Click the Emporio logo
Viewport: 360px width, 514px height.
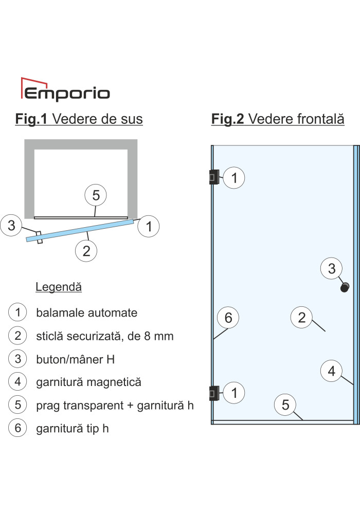(65, 89)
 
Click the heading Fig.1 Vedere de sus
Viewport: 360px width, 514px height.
(79, 119)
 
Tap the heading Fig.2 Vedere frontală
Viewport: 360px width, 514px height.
(278, 119)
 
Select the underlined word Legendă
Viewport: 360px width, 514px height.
(59, 287)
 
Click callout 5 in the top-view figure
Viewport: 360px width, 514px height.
(96, 195)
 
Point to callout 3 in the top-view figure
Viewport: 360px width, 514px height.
(11, 225)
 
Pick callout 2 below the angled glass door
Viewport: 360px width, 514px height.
(86, 251)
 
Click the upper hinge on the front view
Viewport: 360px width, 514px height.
(214, 177)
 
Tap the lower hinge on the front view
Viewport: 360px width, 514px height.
(214, 393)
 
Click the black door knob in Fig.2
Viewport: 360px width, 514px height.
(345, 287)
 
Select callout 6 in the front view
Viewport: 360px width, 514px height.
(228, 318)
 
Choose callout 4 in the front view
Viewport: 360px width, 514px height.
(332, 371)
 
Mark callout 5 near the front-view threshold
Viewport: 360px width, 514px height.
(285, 405)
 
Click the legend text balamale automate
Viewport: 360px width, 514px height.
(86, 313)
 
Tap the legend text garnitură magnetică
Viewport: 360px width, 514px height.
(88, 382)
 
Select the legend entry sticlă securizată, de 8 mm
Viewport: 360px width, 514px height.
(104, 336)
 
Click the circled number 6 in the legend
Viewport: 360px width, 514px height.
(17, 428)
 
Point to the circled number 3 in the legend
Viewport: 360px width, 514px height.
(17, 359)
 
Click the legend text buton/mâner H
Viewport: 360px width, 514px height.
(76, 360)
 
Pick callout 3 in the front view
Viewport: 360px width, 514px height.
(332, 268)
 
